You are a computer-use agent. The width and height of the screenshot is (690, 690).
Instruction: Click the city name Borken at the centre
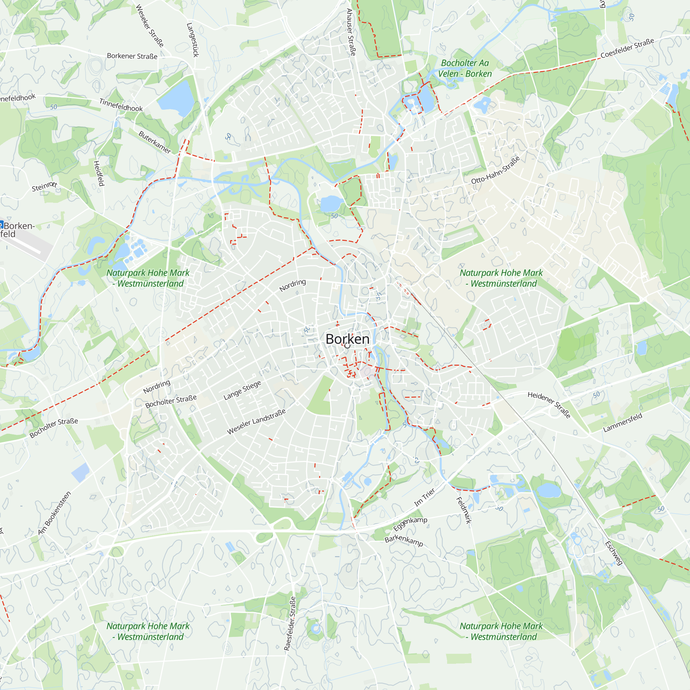(347, 339)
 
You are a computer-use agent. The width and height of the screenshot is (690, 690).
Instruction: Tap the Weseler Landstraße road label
(256, 422)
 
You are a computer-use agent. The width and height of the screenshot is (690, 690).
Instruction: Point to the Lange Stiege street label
(242, 390)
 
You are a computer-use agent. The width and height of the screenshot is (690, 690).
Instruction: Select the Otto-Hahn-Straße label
(495, 170)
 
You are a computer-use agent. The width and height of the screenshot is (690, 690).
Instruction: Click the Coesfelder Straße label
(627, 48)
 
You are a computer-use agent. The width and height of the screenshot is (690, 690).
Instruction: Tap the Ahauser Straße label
(351, 32)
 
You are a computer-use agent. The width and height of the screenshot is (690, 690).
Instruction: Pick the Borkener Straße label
(132, 56)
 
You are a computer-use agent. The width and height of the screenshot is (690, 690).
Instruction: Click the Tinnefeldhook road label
(121, 105)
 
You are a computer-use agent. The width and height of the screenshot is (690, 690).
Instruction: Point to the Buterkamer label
(155, 142)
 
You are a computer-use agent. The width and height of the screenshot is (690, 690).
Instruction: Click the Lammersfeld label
(622, 423)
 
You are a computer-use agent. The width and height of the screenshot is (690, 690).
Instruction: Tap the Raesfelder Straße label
(290, 623)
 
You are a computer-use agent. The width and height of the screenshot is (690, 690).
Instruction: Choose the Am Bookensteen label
(55, 513)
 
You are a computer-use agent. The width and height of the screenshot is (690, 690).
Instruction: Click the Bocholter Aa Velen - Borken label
(465, 68)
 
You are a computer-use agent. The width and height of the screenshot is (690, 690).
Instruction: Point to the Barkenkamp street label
(404, 540)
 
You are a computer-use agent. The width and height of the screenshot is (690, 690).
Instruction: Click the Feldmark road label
(464, 510)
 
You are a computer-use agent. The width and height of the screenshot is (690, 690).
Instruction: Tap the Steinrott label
(44, 186)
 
